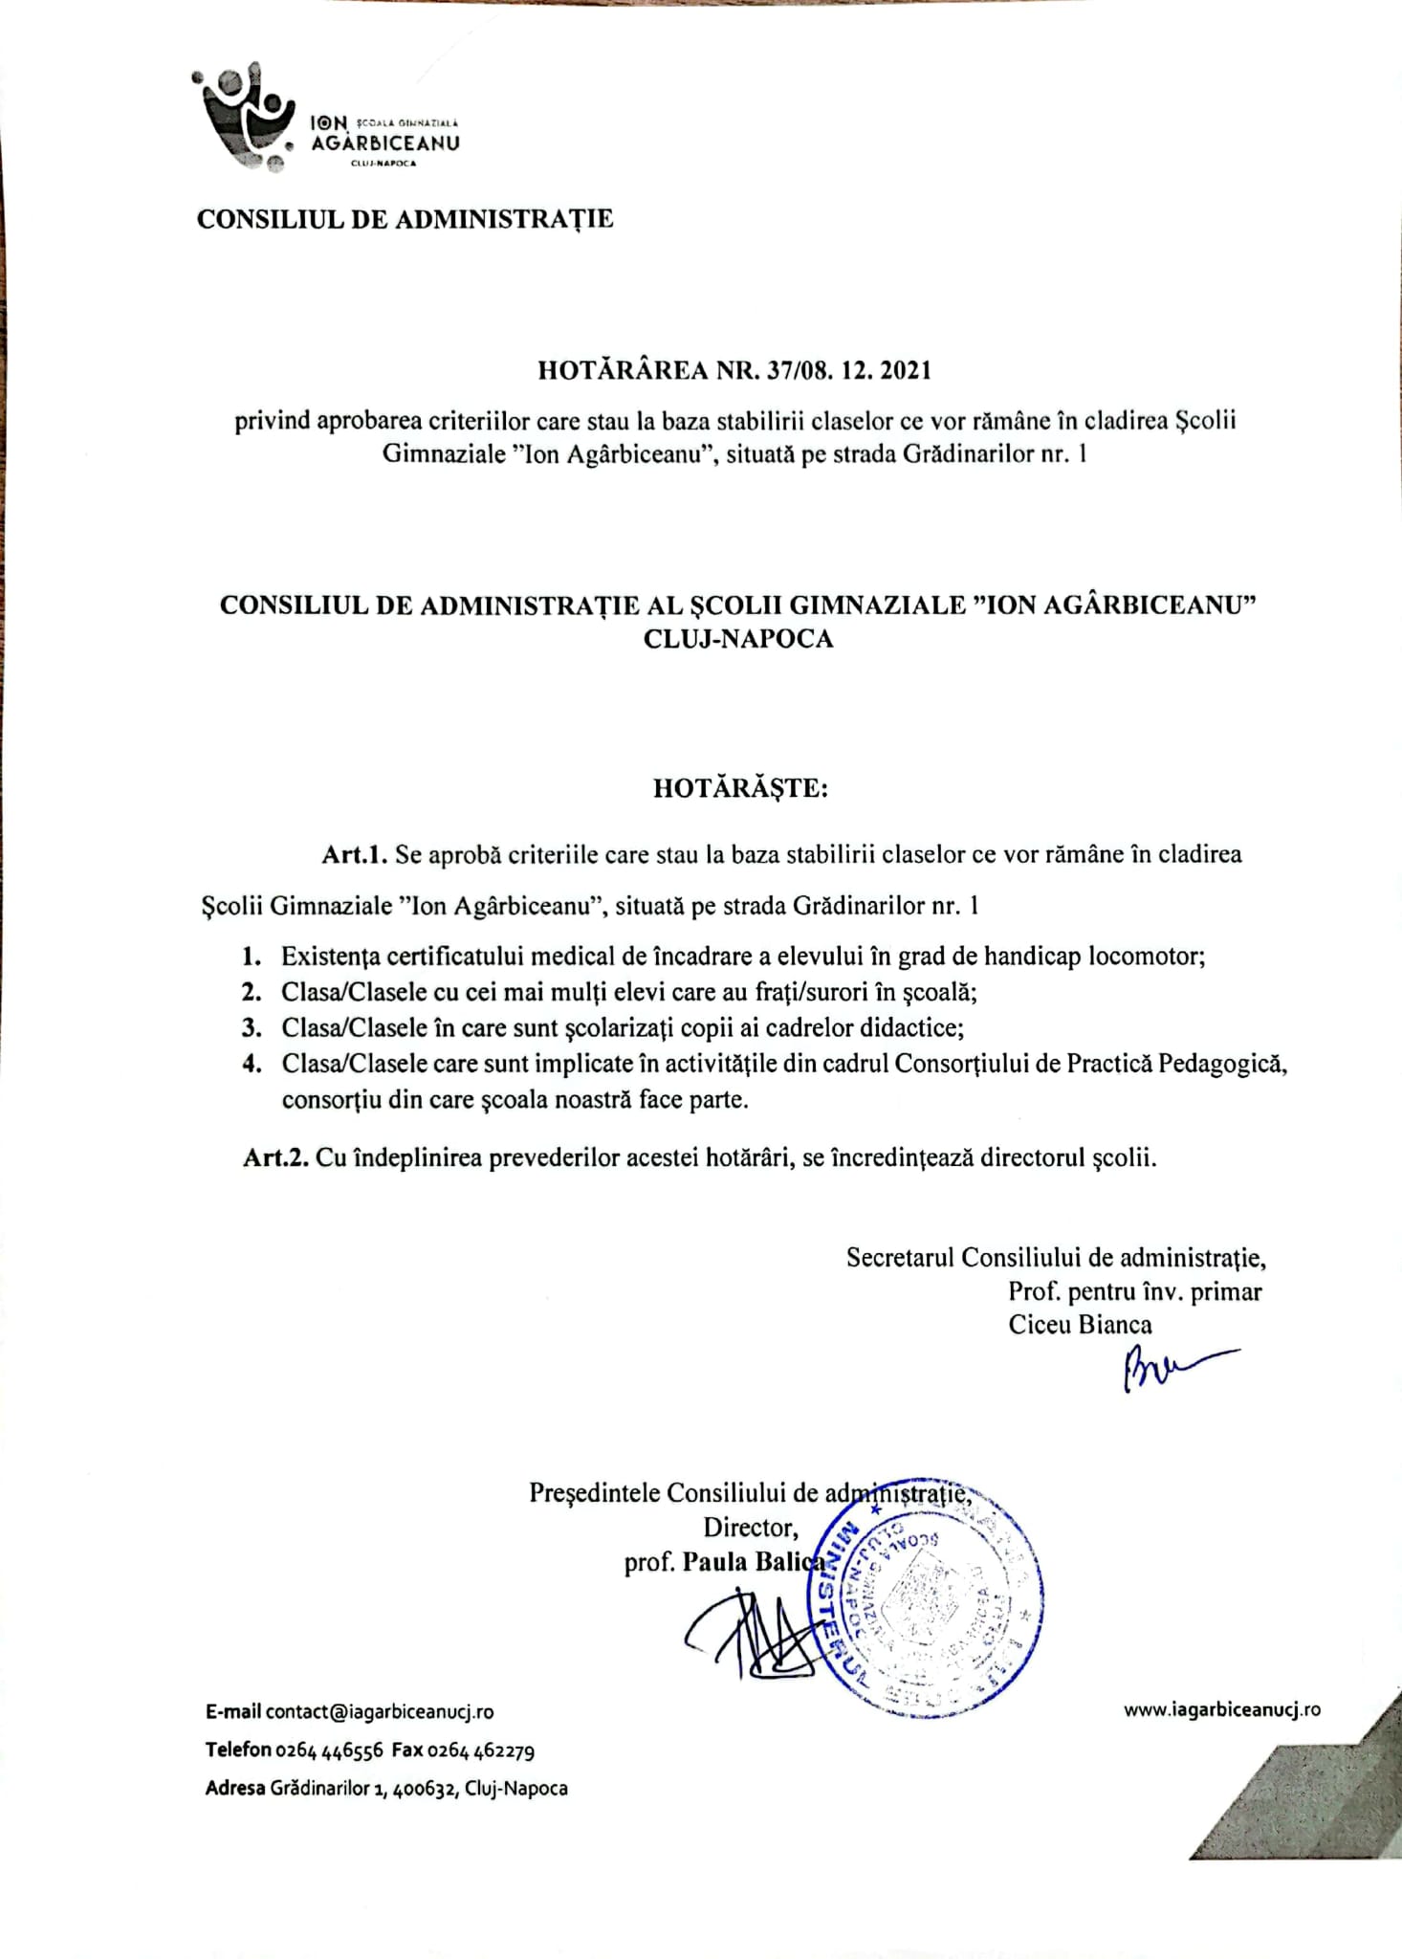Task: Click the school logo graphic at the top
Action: (244, 118)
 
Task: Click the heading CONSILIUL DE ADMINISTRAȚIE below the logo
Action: (405, 220)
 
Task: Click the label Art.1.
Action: (353, 854)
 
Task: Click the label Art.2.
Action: (275, 1158)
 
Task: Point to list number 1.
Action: (252, 957)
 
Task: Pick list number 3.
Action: (252, 1027)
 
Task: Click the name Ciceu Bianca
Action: (1080, 1325)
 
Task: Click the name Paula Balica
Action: (754, 1562)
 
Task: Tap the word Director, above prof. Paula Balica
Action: (750, 1527)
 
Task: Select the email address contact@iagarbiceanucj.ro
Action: (380, 1711)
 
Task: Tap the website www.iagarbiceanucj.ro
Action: (1222, 1709)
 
